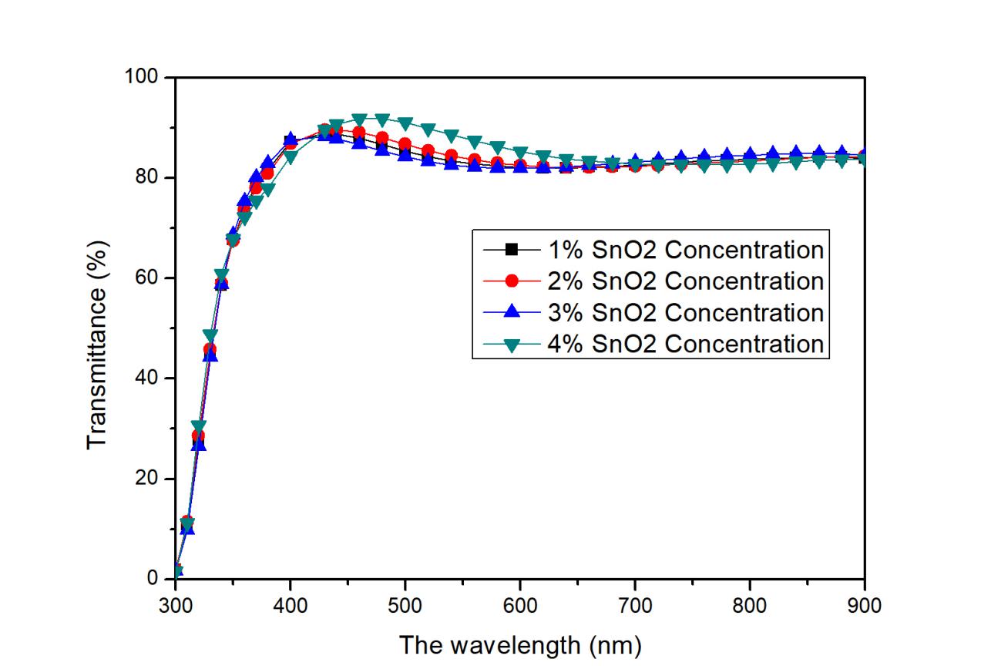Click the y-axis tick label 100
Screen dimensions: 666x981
(x=146, y=77)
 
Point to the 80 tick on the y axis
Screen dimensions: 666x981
(x=151, y=177)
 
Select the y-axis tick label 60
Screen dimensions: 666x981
(x=151, y=277)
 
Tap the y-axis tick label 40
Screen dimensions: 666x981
(x=151, y=378)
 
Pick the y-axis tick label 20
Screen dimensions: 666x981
(x=151, y=479)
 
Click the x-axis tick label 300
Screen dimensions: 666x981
(x=176, y=605)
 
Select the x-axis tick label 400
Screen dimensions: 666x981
(x=291, y=605)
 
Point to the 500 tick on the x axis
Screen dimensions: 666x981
(x=405, y=605)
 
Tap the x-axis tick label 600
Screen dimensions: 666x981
(x=520, y=605)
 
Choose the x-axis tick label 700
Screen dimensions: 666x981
(x=635, y=605)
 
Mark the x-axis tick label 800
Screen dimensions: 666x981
(x=750, y=605)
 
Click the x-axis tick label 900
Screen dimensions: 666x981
(x=865, y=605)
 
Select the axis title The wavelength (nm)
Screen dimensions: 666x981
(x=519, y=644)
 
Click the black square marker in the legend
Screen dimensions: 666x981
(x=509, y=249)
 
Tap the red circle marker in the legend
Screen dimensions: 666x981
(x=509, y=281)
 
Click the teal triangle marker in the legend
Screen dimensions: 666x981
(x=509, y=344)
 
